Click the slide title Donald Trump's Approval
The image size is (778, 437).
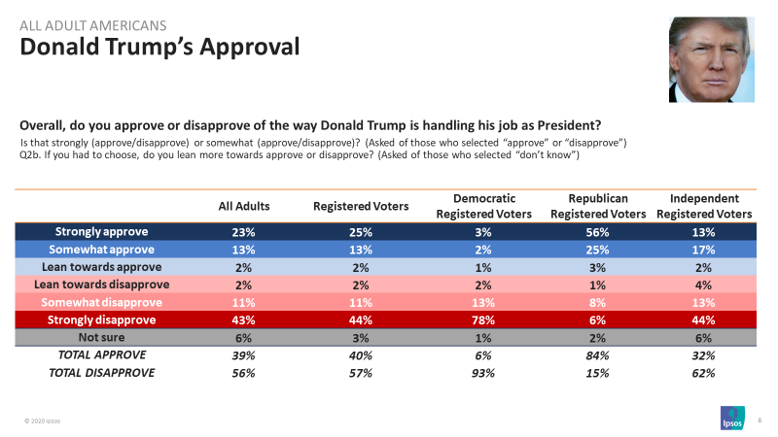159,46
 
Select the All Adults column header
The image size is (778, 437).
243,206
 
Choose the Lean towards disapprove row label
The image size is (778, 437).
102,285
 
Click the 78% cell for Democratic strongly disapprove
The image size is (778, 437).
477,319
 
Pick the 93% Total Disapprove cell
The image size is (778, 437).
477,372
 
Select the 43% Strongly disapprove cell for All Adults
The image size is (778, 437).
243,319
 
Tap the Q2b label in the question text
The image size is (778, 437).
30,155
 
